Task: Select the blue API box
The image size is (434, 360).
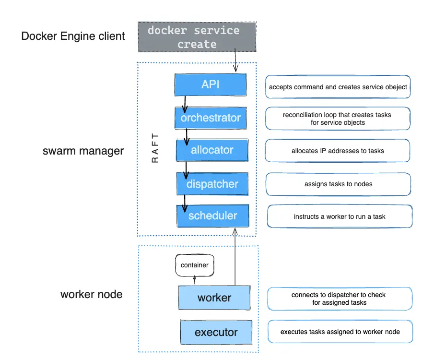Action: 211,84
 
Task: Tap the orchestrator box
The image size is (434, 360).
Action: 211,118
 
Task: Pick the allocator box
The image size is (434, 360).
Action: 212,150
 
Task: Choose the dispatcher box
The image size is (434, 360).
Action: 212,184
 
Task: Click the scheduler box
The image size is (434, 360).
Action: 213,216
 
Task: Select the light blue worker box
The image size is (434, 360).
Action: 214,298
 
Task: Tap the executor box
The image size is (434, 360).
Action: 216,332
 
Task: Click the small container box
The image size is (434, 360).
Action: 194,265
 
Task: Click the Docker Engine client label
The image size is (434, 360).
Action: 73,36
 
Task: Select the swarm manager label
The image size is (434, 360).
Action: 83,151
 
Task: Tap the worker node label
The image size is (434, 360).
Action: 91,294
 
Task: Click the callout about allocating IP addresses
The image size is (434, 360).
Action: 338,151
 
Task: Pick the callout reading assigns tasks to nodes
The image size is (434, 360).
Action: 338,184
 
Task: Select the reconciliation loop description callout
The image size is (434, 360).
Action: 338,119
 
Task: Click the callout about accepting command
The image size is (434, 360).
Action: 338,87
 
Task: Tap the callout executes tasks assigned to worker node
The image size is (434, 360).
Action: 340,332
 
